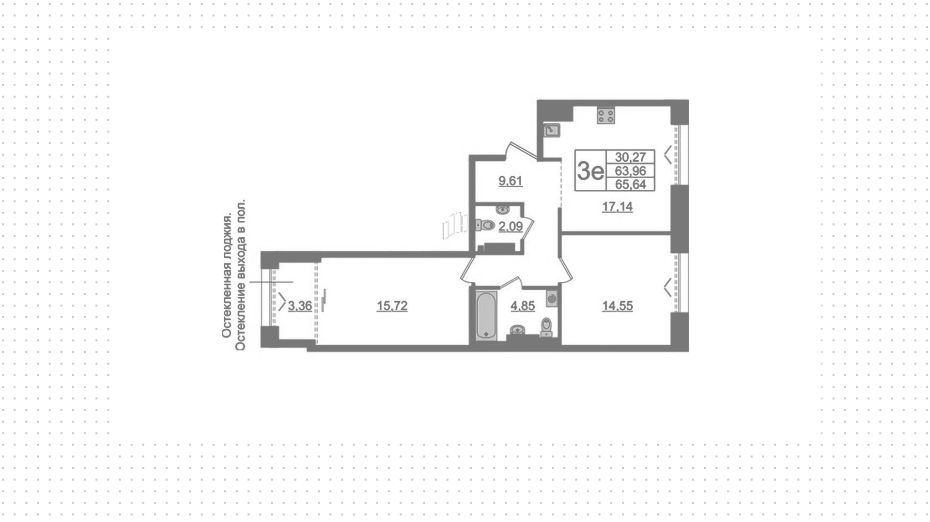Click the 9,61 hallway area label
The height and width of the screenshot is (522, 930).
(511, 181)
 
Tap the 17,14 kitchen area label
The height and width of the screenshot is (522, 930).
(617, 207)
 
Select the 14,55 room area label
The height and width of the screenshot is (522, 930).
(617, 306)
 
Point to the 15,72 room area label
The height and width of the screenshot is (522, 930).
(392, 306)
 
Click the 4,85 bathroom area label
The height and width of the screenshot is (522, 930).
(523, 306)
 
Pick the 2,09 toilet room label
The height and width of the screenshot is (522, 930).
(511, 226)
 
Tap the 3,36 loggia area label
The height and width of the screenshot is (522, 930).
(300, 306)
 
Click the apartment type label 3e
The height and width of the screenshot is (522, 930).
(590, 170)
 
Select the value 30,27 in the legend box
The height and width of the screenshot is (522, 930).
(630, 157)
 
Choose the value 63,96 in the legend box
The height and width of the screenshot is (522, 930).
(630, 171)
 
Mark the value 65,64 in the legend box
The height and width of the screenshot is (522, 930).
(630, 184)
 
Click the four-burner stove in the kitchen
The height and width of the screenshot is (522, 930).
(606, 115)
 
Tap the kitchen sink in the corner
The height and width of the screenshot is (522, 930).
(551, 130)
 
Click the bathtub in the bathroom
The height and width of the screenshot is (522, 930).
(486, 315)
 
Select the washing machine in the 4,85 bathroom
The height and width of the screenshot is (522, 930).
(552, 298)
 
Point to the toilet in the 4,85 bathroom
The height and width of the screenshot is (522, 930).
(546, 327)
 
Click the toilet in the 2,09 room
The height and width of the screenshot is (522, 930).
(484, 225)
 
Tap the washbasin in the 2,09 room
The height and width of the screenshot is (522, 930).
(502, 211)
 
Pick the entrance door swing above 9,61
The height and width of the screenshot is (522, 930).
(521, 150)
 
